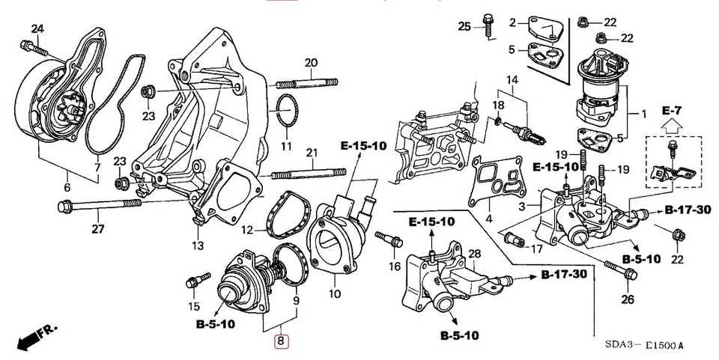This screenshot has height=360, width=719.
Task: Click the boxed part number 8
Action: (280, 341)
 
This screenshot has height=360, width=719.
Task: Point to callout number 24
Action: (37, 28)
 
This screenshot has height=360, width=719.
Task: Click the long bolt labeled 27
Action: (97, 203)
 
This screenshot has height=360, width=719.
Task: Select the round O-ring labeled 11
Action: (286, 112)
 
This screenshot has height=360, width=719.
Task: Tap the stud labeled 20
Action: (307, 82)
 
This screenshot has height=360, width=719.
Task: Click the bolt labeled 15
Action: (194, 283)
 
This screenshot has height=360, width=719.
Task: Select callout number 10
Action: (335, 293)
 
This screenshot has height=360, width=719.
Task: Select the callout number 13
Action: (197, 245)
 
